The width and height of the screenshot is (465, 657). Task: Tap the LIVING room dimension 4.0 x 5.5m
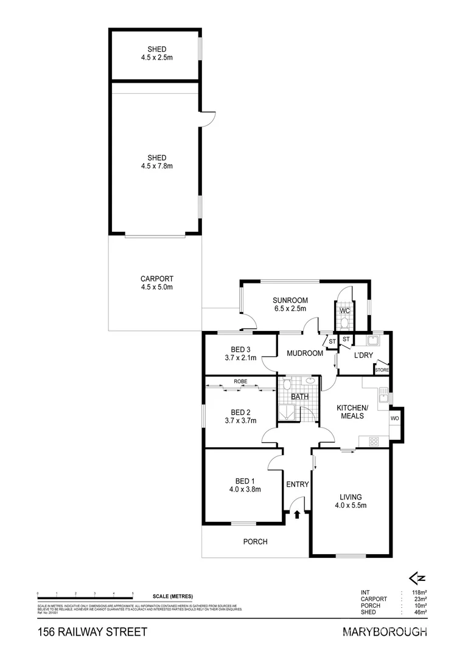pos(351,505)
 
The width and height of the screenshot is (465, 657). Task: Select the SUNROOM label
pos(290,300)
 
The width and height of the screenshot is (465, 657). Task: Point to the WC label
pos(344,311)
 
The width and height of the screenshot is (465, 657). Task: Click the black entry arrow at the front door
pos(297,515)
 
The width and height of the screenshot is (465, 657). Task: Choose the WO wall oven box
pos(394,419)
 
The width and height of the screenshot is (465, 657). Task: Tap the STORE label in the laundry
pos(382,370)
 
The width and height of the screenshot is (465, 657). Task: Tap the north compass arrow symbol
pos(417,578)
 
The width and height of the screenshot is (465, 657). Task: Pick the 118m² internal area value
pos(418,591)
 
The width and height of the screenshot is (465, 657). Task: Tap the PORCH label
pos(255,541)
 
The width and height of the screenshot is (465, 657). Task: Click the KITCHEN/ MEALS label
pos(352,412)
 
